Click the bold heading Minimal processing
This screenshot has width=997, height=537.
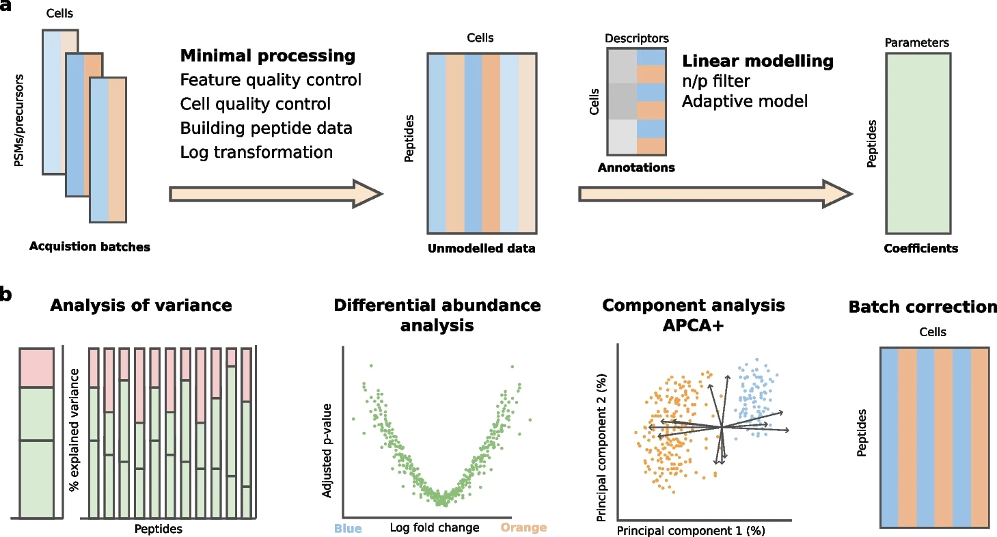point(268,56)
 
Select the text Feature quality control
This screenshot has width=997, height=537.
point(271,80)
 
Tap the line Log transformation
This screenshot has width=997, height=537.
point(256,152)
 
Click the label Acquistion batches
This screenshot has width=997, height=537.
point(90,247)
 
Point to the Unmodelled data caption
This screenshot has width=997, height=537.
point(481,249)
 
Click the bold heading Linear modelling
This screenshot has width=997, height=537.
point(758,61)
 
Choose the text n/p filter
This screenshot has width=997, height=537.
point(716,82)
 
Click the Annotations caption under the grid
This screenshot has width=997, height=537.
point(636,167)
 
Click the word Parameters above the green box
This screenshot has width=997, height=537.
point(916,43)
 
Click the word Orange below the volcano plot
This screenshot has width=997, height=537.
point(524,527)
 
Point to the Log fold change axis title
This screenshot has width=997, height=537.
point(435,527)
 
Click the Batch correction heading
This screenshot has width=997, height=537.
point(923,307)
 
